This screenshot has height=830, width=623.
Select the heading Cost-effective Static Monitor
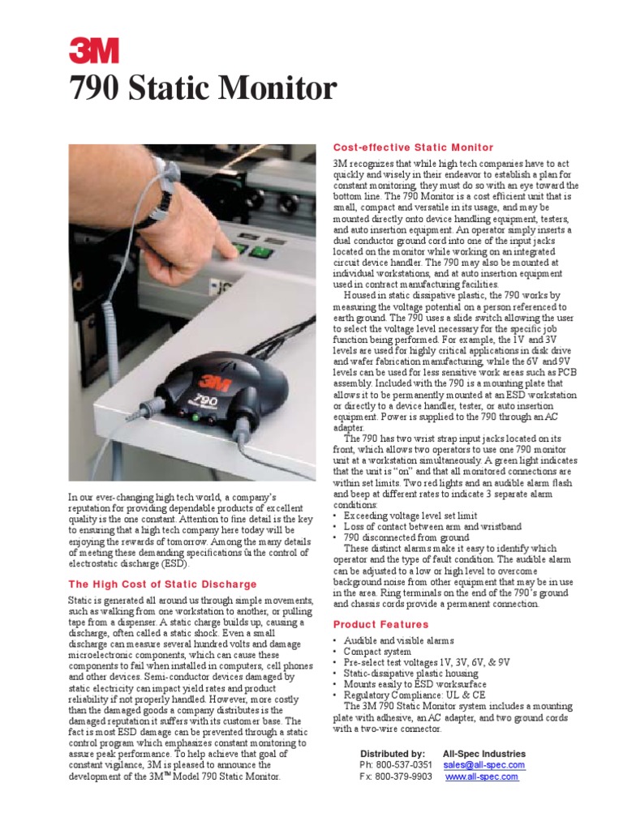pos(413,148)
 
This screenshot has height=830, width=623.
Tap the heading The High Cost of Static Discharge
pos(162,584)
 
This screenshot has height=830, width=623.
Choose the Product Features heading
pos(381,624)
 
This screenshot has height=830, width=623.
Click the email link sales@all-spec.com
pos(484,764)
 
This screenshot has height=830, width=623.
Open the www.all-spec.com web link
pos(482,777)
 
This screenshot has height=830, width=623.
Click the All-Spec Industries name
pos(484,753)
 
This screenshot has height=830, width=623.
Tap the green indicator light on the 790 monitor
pos(195,418)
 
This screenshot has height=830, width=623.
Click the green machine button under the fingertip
pos(259,251)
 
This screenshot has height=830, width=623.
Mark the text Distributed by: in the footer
pos(393,753)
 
